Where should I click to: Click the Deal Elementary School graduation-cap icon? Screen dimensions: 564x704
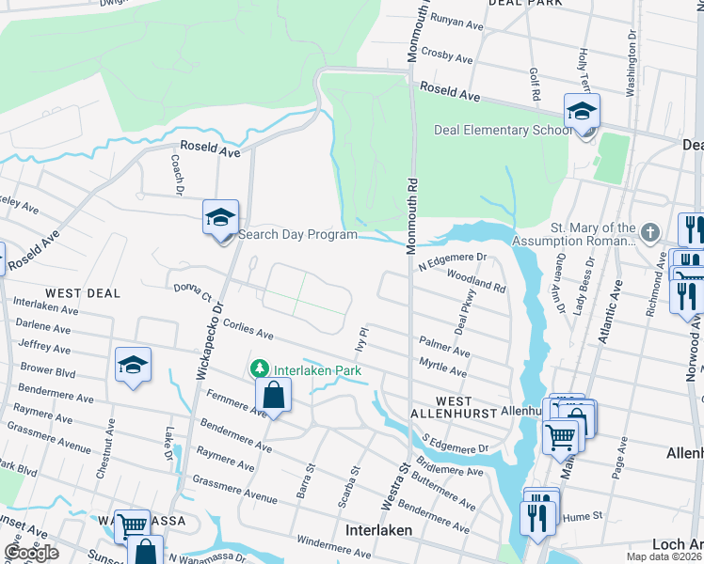click(582, 112)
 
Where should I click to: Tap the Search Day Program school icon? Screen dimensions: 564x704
click(219, 218)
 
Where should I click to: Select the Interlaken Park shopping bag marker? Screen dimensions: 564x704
click(272, 395)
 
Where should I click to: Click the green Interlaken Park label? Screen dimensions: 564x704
click(318, 369)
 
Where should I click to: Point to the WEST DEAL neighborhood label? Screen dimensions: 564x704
click(83, 293)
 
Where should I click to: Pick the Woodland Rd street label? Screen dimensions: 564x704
click(476, 279)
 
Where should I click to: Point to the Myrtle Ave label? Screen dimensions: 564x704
click(443, 364)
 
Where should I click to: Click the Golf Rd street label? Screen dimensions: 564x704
click(534, 84)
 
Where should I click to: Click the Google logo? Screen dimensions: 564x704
click(31, 553)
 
